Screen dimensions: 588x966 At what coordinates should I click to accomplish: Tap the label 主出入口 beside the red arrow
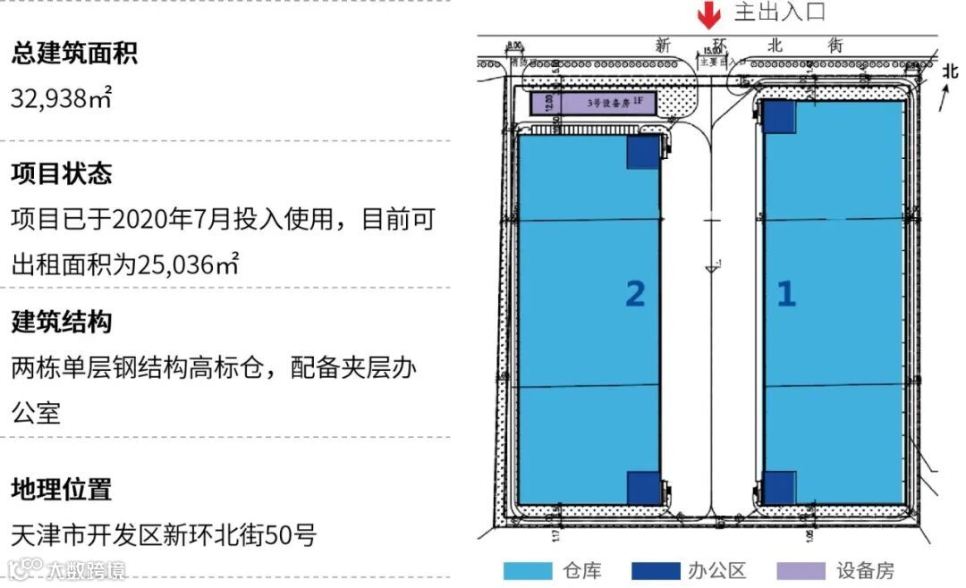pos(779,13)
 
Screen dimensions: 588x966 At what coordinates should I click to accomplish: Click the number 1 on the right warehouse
pos(785,293)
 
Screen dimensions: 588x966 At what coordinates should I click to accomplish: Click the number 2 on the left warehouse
pos(635,293)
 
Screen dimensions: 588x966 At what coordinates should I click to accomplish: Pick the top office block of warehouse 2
pos(643,152)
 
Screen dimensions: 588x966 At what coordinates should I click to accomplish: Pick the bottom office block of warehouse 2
pos(643,487)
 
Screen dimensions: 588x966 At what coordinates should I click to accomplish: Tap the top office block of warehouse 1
pos(779,117)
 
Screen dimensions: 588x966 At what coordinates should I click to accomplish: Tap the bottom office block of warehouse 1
pos(779,487)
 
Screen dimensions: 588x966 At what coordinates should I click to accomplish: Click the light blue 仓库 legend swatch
pos(528,571)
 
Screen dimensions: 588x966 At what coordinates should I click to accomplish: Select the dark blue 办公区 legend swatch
pos(655,571)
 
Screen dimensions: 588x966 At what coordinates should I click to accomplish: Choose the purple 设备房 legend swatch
pos(801,571)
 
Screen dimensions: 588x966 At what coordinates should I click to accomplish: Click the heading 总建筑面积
pos(74,54)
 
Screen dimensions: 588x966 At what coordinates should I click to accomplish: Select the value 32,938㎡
pos(62,97)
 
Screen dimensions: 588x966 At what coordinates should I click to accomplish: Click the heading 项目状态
pos(62,173)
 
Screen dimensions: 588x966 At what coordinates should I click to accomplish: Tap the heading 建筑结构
pos(62,322)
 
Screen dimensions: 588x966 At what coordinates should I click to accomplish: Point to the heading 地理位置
pos(62,490)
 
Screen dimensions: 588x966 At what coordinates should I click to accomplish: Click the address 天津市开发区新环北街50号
pos(164,535)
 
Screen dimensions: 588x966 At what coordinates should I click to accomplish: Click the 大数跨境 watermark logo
pos(67,569)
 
